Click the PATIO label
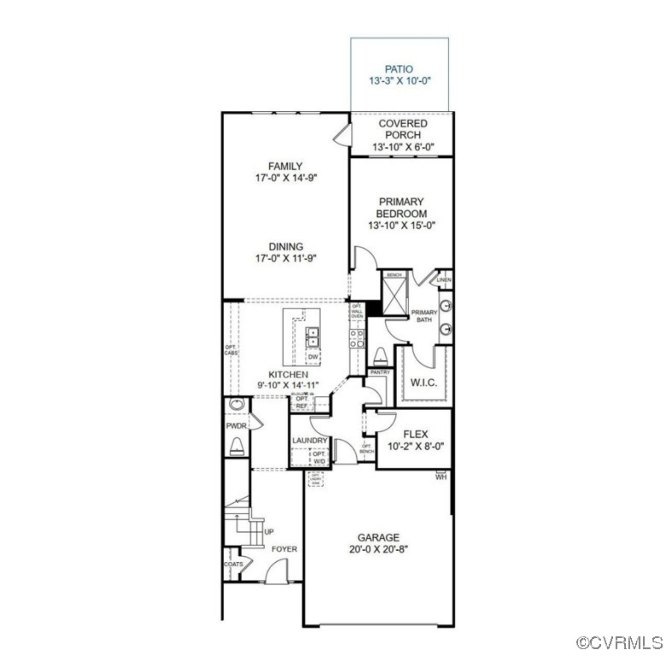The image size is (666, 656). click(x=398, y=68)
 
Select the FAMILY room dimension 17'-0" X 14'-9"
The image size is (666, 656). click(x=285, y=179)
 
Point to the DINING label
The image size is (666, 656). click(x=285, y=247)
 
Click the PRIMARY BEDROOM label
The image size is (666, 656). click(x=402, y=208)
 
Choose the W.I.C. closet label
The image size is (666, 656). click(x=424, y=383)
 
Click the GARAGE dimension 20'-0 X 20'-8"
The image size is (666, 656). click(x=378, y=550)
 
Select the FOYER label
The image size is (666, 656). click(x=284, y=548)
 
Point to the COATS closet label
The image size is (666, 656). click(x=234, y=564)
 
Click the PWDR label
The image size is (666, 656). click(x=236, y=425)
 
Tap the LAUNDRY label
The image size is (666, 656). click(x=309, y=441)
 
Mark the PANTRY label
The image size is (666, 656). click(x=380, y=372)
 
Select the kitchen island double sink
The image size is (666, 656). click(x=313, y=337)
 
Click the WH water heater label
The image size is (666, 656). click(x=441, y=477)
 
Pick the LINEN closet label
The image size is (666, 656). click(x=443, y=279)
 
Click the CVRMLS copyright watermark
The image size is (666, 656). click(x=619, y=642)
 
